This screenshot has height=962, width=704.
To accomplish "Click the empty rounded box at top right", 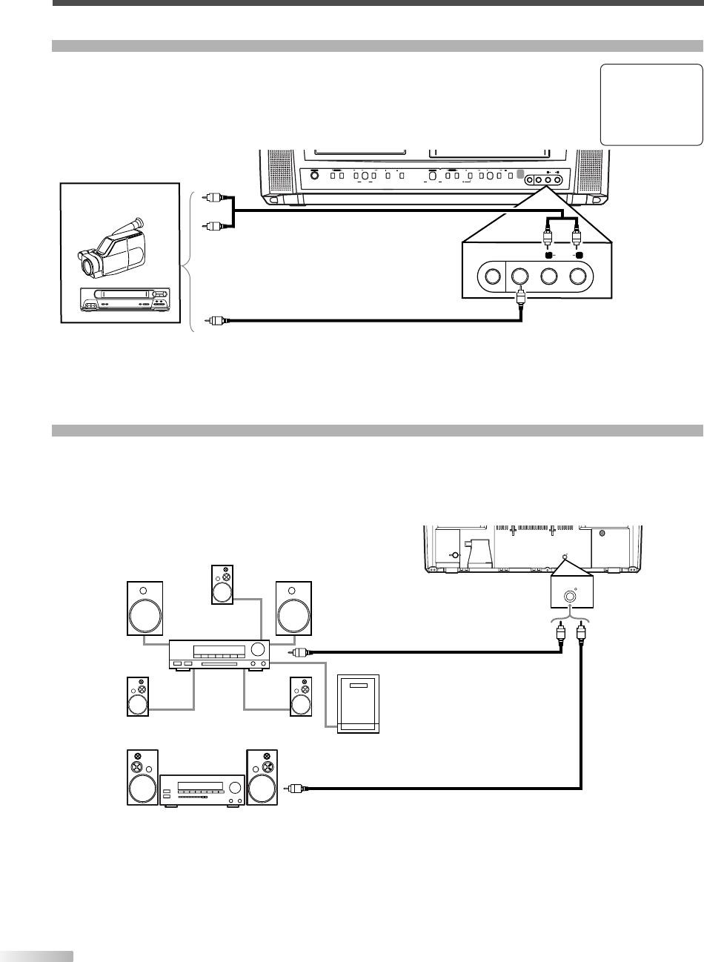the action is [x=651, y=105].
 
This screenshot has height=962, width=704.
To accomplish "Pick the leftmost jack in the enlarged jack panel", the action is [x=490, y=277].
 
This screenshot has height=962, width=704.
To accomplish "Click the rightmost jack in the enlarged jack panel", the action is [x=580, y=277].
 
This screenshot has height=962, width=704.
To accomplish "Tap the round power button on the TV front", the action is [x=314, y=175].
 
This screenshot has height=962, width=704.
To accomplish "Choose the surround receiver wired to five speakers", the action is [x=219, y=653].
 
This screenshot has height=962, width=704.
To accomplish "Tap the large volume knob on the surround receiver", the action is [x=257, y=650].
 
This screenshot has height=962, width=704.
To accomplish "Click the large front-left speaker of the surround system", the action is [x=145, y=609].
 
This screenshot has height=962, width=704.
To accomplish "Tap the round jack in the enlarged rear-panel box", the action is [x=569, y=594].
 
